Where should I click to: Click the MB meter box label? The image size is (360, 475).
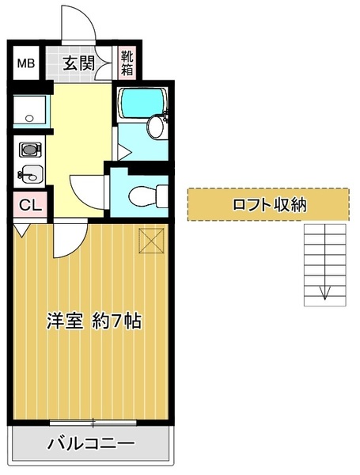click(x=26, y=63)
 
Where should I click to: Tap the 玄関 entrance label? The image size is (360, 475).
click(x=78, y=63)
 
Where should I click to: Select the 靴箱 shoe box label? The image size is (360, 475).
click(x=127, y=63)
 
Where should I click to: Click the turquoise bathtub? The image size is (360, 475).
click(x=142, y=103)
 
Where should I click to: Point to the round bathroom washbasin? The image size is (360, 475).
click(x=155, y=127)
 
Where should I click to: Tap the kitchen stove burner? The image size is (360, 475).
click(x=30, y=150)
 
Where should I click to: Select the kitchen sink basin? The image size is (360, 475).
click(x=31, y=174)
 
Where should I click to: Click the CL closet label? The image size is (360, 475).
click(x=30, y=205)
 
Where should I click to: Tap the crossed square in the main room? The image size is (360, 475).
click(x=151, y=241)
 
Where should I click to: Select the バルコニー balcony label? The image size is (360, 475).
click(x=90, y=444)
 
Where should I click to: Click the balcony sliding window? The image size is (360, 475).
click(x=93, y=422)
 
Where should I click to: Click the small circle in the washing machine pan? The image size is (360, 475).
click(x=29, y=118)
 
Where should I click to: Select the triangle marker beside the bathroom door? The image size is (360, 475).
click(x=123, y=152)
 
